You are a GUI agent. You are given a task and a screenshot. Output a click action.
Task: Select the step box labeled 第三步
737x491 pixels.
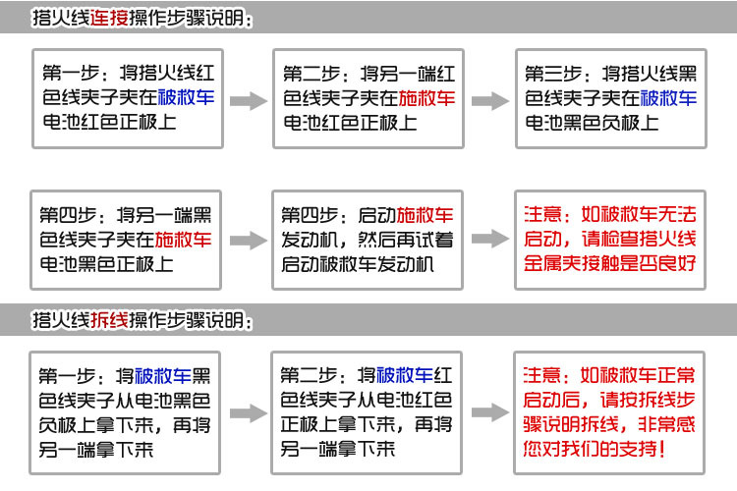(x=612, y=98)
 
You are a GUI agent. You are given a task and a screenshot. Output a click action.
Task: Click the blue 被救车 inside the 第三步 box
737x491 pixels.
(x=668, y=98)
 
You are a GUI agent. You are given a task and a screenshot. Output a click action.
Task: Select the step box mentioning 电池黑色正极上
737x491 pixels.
(x=126, y=239)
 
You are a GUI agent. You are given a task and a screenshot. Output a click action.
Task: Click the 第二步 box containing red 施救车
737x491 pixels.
(x=368, y=98)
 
